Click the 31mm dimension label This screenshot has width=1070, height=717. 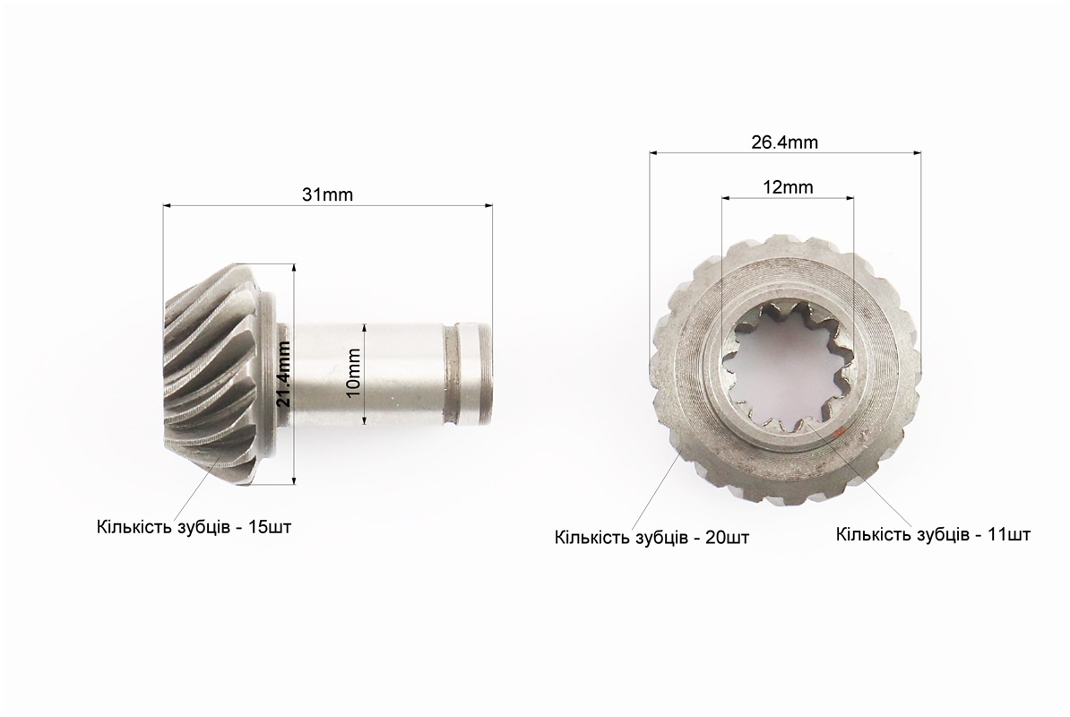tap(328, 195)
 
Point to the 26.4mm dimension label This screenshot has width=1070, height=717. tap(785, 143)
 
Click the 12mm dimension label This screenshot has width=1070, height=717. tap(789, 187)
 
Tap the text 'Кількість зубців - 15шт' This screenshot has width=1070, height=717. tap(194, 527)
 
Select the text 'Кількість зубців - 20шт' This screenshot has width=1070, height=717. tap(651, 538)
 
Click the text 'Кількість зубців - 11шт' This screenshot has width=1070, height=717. tap(934, 533)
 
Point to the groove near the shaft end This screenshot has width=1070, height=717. tap(453, 374)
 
